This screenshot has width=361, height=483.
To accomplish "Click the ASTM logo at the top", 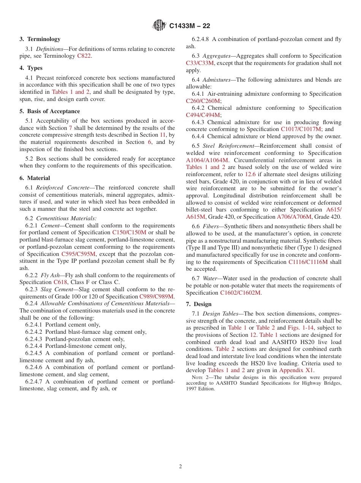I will (159, 25).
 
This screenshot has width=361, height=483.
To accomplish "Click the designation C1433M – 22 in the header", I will (189, 26).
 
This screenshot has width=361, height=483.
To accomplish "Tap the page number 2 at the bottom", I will (180, 467).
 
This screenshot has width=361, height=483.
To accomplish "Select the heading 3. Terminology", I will (40, 39).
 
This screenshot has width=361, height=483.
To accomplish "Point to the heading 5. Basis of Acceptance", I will (50, 111).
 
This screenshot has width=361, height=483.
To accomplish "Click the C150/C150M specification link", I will (129, 232).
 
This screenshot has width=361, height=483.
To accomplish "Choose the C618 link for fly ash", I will (60, 282).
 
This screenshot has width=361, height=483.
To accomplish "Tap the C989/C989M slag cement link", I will (157, 297).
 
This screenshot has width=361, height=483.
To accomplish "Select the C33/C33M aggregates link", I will (200, 63).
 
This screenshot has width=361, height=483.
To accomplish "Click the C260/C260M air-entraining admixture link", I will (203, 101).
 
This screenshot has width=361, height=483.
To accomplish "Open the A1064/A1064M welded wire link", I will (207, 160).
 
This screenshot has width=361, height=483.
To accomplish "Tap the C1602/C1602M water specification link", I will (241, 293).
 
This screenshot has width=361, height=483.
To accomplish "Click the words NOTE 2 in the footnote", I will (199, 377).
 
